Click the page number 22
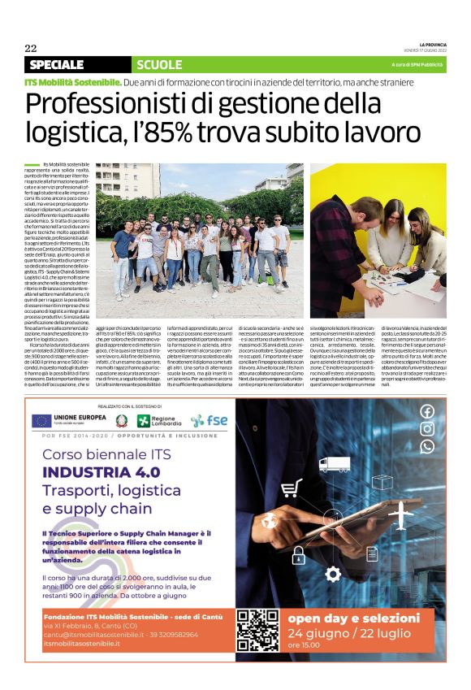click(x=32, y=48)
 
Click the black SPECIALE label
click(x=56, y=64)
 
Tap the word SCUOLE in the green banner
click(x=160, y=64)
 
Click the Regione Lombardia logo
click(x=158, y=420)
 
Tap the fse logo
click(x=209, y=420)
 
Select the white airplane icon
click(x=401, y=515)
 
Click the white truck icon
click(x=335, y=464)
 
